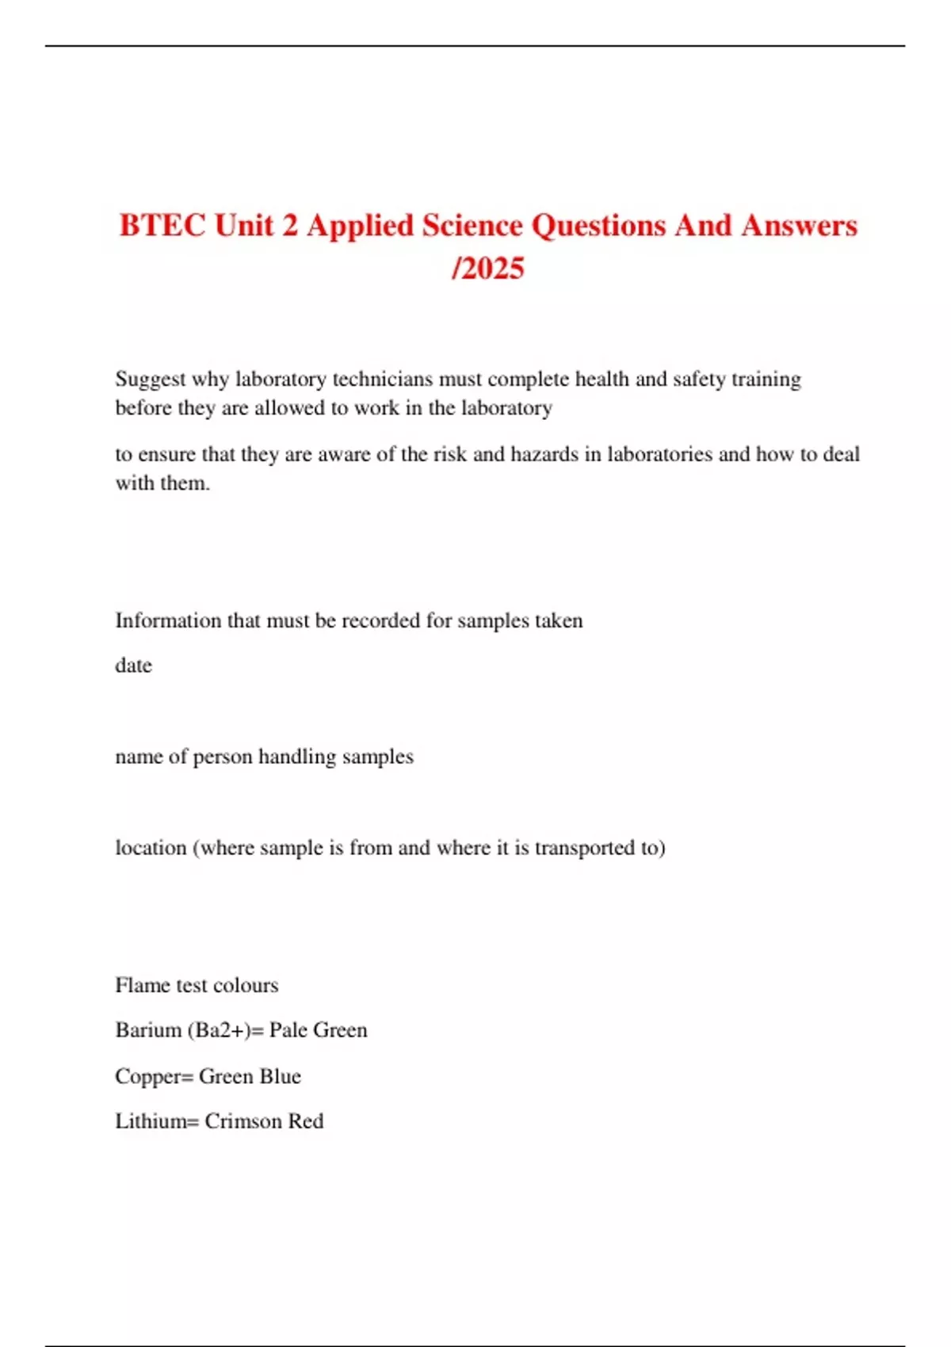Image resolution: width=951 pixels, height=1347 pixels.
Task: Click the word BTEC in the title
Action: (162, 226)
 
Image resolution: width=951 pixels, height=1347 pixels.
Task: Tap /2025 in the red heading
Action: (487, 269)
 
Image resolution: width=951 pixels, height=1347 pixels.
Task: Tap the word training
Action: (766, 380)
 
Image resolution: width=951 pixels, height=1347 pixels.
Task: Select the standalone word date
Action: (133, 666)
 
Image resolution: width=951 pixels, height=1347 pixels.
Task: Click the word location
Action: (151, 848)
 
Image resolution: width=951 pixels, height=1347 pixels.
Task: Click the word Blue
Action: (281, 1076)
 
